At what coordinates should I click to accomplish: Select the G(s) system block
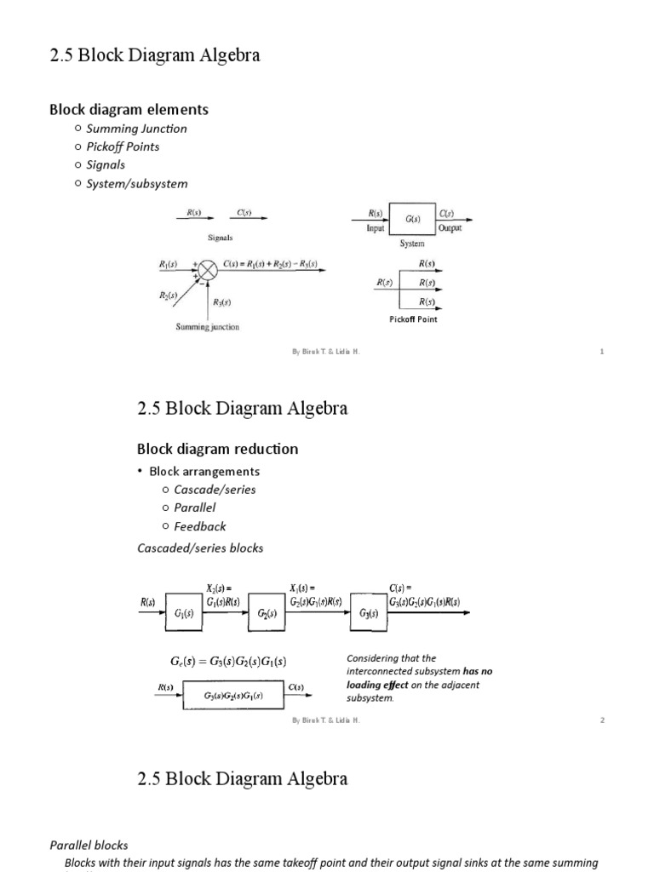[412, 220]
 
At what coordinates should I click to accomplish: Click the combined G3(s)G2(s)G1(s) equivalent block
[232, 696]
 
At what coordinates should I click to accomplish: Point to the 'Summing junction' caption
[207, 327]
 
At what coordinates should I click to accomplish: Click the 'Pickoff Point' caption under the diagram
[413, 319]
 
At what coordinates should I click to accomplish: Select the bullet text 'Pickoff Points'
[123, 146]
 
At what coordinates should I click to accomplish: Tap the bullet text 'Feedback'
[200, 526]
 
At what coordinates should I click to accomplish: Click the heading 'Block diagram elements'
[129, 109]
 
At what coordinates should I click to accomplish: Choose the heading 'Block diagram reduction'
[217, 449]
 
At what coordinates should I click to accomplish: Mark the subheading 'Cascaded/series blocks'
[200, 548]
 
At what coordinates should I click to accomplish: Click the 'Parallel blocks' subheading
[88, 846]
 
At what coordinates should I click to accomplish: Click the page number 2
[601, 720]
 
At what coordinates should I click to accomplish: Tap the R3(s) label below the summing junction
[221, 302]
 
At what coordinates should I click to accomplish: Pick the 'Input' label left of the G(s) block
[376, 228]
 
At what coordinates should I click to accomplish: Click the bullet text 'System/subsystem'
[136, 183]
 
